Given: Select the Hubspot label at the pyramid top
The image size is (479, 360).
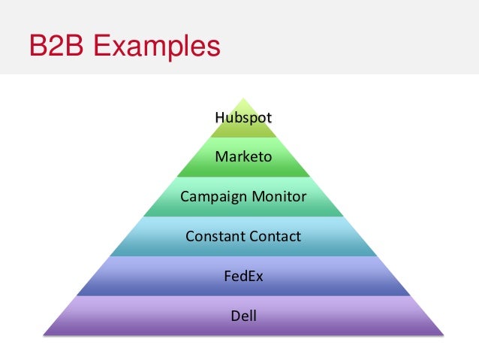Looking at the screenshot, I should coord(243,117).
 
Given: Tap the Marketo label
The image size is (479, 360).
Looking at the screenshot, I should coord(243,157).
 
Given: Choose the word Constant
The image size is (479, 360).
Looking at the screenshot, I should coord(213,237).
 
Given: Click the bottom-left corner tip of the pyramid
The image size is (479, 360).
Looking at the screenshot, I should coord(44,334).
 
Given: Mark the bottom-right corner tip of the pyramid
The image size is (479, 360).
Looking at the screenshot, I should coord(443,334).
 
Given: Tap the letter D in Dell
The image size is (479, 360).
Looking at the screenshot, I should coord(234,316).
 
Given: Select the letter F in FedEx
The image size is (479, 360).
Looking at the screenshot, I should coord(227,276).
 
